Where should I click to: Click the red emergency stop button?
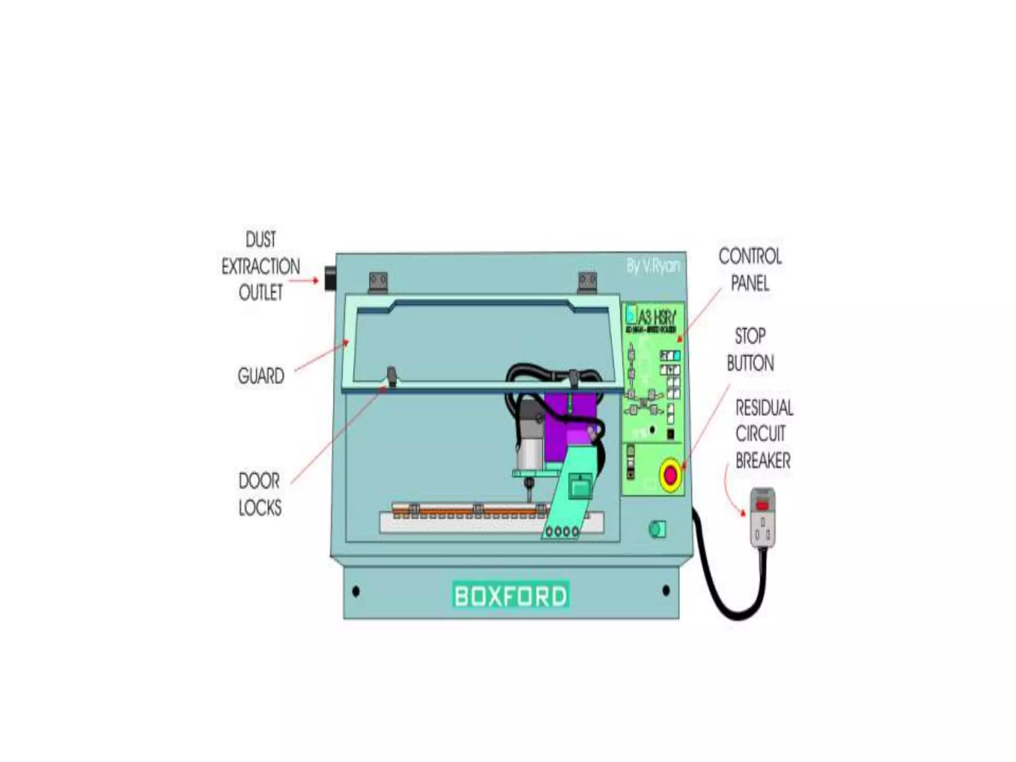[670, 475]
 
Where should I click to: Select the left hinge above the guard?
[378, 282]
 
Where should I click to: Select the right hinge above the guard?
[587, 282]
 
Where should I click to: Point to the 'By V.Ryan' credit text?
[652, 266]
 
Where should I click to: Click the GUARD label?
[261, 376]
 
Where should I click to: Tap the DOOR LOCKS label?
[260, 494]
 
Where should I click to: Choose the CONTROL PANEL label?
[750, 270]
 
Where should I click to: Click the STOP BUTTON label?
[750, 350]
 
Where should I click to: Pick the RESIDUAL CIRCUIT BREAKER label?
[763, 434]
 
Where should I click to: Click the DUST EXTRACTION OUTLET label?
[260, 266]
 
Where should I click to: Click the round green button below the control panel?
[657, 529]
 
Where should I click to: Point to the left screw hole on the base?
[356, 591]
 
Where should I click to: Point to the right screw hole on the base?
[666, 590]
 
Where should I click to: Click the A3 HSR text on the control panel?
[656, 316]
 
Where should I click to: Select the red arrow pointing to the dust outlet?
[304, 281]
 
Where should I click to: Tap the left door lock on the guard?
[391, 376]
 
